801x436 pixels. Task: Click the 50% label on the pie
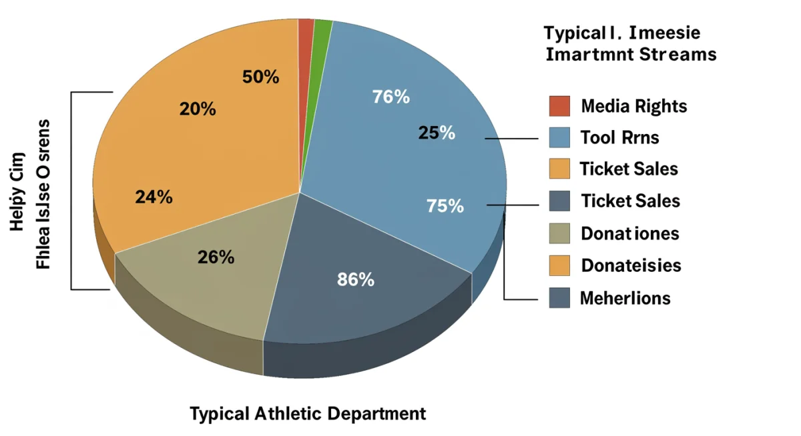260,77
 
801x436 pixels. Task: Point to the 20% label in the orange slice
198,109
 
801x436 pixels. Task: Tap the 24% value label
154,197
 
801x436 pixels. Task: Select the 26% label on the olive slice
216,257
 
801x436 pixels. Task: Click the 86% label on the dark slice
356,280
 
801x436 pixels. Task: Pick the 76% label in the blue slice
390,97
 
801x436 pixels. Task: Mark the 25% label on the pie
437,133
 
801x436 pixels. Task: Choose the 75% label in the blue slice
445,207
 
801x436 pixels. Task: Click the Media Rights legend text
633,106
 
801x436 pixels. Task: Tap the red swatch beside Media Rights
559,106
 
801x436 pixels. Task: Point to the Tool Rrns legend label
619,137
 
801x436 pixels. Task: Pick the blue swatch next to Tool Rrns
559,137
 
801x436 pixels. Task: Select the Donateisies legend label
631,265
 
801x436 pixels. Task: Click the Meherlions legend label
625,297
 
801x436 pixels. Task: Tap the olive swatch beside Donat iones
559,233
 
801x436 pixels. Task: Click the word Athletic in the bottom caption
288,413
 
